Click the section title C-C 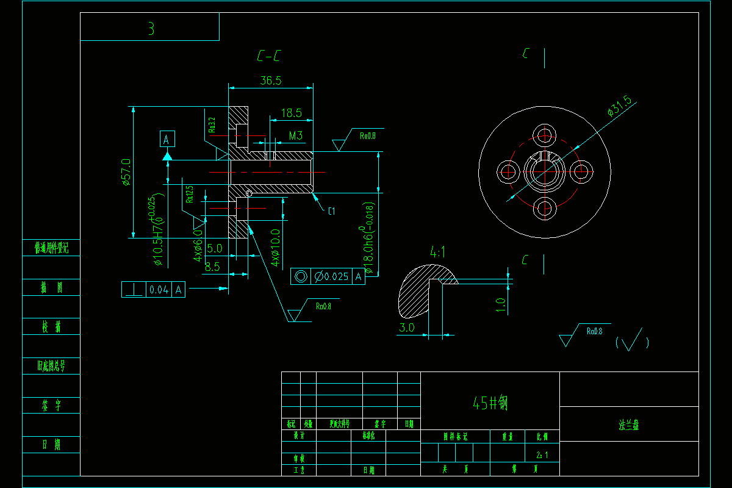click(268, 57)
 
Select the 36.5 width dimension click(270, 81)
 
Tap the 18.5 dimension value click(291, 113)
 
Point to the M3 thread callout click(296, 135)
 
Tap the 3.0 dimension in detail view click(407, 328)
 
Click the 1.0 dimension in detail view click(501, 304)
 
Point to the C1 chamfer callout click(332, 212)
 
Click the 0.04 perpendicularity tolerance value click(159, 290)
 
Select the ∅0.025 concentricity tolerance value click(331, 276)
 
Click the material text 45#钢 click(490, 403)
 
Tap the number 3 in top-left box click(151, 29)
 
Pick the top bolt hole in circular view click(545, 134)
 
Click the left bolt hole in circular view click(508, 171)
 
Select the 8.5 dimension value click(212, 267)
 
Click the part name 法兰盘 click(628, 426)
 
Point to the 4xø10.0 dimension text click(275, 247)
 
